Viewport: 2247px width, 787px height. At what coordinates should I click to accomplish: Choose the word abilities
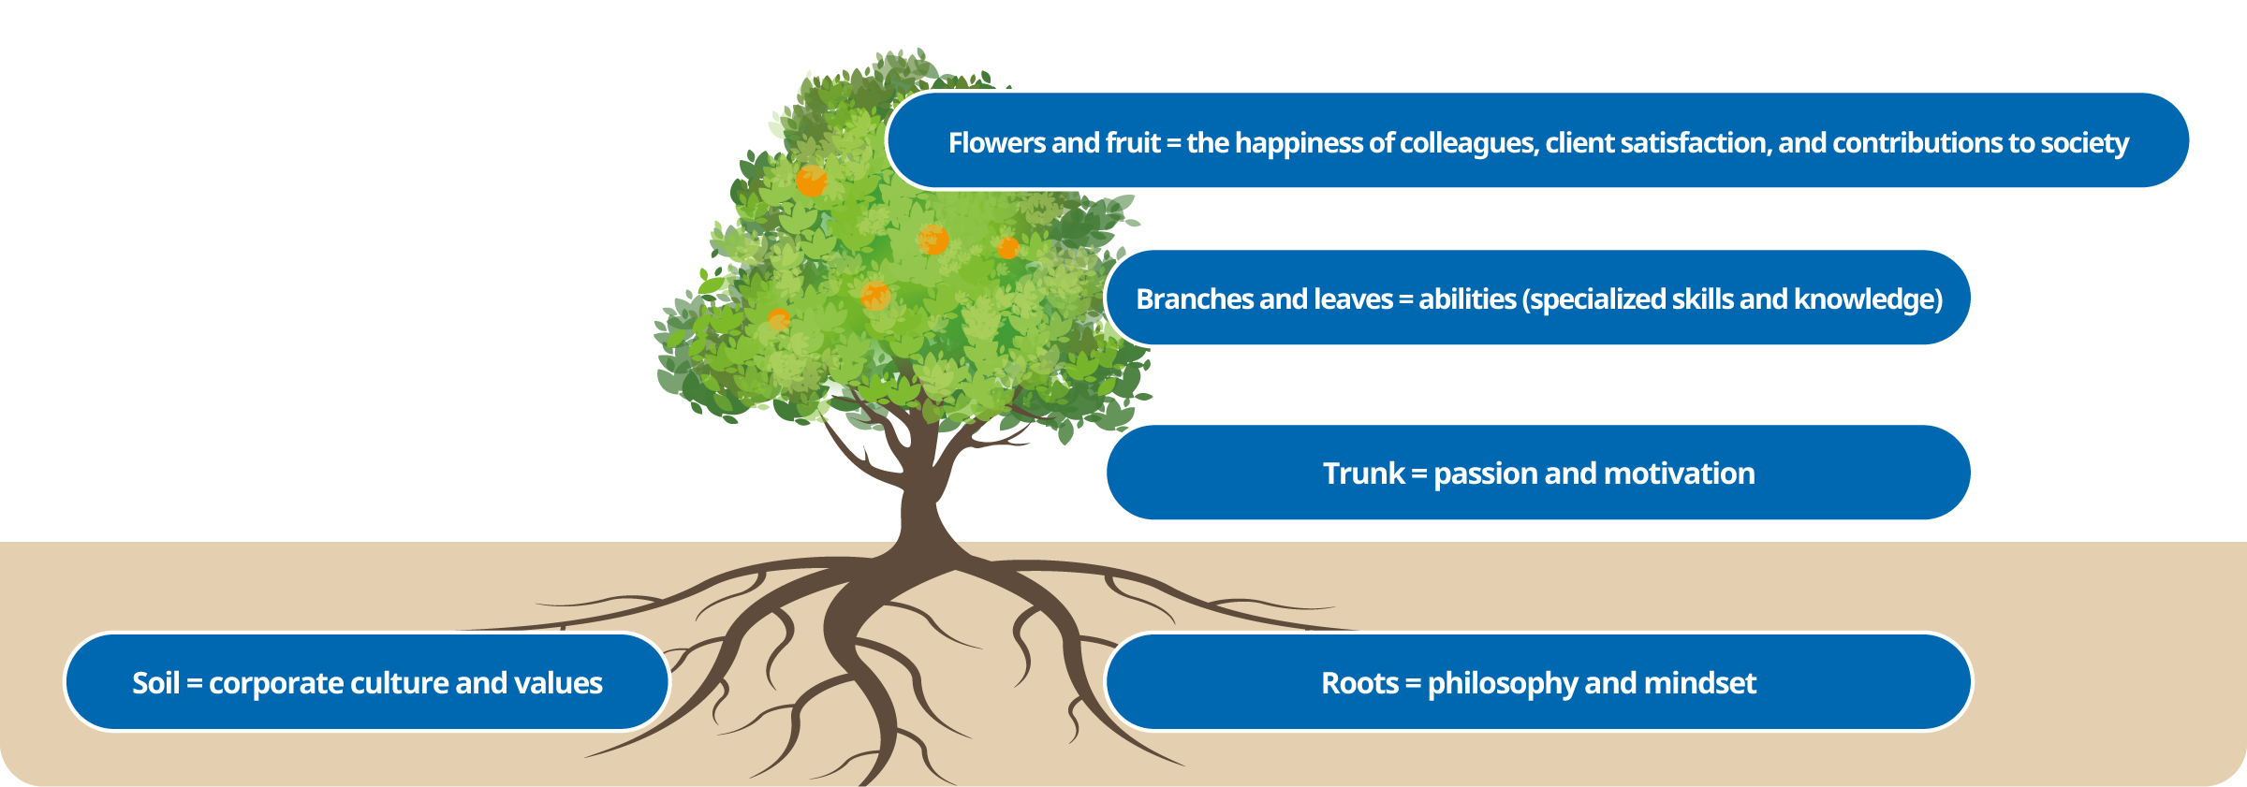[1467, 299]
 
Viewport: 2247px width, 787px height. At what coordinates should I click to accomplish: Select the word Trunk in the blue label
[1364, 474]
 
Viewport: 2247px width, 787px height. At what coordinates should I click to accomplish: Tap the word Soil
[155, 683]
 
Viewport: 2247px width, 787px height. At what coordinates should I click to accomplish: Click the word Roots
[1359, 683]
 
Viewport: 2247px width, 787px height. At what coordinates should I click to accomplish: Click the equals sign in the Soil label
[195, 684]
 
